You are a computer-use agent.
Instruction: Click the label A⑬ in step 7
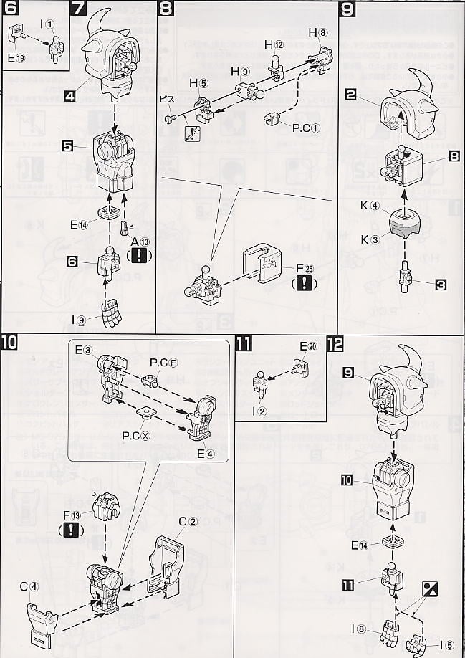click(138, 240)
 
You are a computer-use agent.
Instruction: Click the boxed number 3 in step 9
click(441, 285)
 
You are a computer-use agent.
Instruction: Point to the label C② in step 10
click(188, 521)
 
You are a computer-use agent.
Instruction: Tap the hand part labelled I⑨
click(110, 313)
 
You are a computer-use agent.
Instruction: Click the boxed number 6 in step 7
click(72, 262)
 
